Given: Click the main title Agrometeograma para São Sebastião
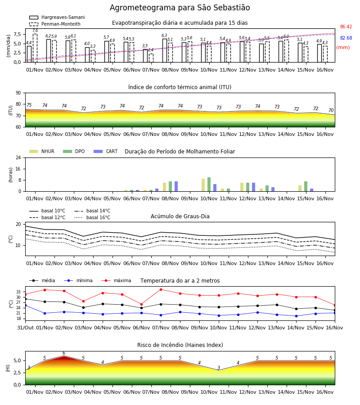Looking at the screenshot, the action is click(x=180, y=8).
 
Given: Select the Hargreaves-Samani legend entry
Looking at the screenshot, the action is click(x=57, y=17).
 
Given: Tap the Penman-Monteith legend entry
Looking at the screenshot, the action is click(x=55, y=24).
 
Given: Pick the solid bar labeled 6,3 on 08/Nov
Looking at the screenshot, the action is click(x=165, y=50).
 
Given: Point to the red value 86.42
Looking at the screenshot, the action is click(x=346, y=27).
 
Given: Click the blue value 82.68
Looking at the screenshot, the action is click(x=346, y=38).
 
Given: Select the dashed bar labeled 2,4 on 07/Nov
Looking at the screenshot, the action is click(x=151, y=58).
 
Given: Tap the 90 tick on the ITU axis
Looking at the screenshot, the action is click(x=18, y=93).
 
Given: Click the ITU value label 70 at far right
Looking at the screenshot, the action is click(x=331, y=110).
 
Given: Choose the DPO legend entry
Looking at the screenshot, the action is click(x=74, y=151).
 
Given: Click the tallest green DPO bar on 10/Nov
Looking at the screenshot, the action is click(x=209, y=184).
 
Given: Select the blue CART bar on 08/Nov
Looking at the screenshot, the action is click(x=176, y=186).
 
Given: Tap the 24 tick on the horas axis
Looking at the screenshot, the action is click(x=18, y=157).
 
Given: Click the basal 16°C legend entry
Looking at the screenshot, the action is click(x=92, y=217).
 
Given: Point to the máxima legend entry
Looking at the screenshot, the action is click(x=116, y=280).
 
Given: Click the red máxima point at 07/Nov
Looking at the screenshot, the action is click(x=161, y=289).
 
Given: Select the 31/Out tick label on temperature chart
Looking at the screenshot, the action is click(x=25, y=328).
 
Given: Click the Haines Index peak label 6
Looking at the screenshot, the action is click(x=64, y=353).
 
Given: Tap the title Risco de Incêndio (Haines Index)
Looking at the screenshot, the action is click(x=180, y=345).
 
